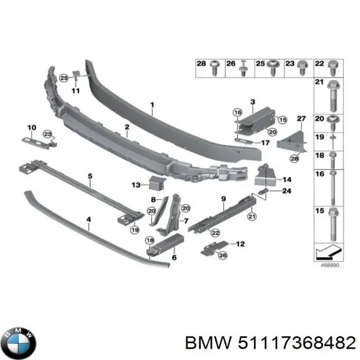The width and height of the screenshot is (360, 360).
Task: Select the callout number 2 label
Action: (x=127, y=127)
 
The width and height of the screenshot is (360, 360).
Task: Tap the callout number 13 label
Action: (x=136, y=185)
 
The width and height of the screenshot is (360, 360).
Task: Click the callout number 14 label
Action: (x=287, y=179)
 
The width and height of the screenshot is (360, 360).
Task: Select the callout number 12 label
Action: (x=241, y=244)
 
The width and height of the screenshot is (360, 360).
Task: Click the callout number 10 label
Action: (x=32, y=127)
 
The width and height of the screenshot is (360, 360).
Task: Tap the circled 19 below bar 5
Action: (x=135, y=229)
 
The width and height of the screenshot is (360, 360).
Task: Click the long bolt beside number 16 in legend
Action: (x=332, y=188)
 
